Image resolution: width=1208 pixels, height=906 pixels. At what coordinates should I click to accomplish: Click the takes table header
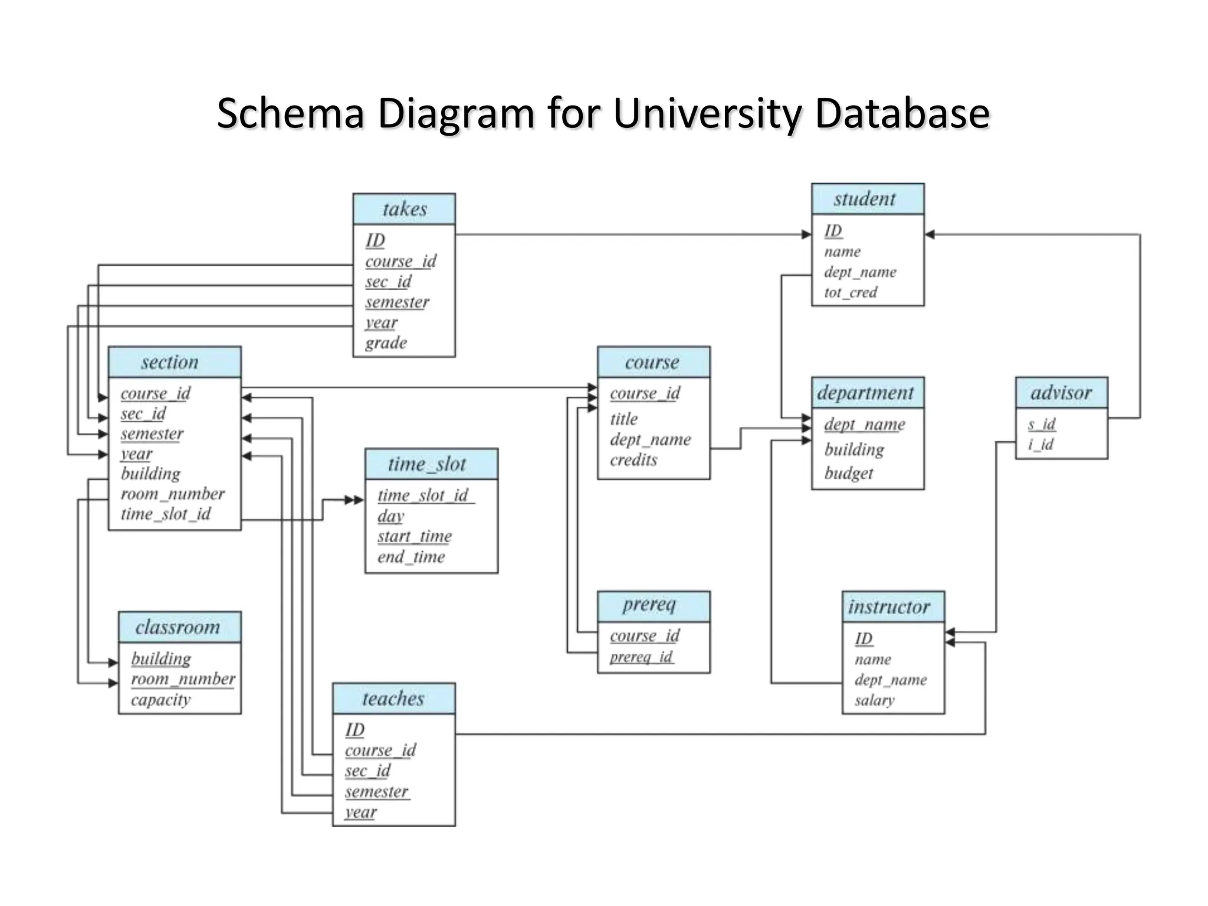click(404, 209)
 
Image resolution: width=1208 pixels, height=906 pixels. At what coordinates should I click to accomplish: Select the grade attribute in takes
click(386, 343)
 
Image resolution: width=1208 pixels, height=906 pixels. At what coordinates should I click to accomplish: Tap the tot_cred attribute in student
click(851, 292)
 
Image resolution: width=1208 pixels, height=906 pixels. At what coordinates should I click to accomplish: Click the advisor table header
click(1061, 392)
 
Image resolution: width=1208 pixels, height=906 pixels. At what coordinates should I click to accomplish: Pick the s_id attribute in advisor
click(1042, 424)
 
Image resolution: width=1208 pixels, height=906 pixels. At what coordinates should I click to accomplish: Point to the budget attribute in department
click(848, 473)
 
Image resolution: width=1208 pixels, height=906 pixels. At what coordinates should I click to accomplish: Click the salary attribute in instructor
click(874, 700)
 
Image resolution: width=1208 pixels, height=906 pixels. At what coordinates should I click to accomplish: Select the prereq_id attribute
click(641, 656)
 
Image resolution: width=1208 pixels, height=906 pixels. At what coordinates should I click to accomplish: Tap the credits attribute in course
click(633, 459)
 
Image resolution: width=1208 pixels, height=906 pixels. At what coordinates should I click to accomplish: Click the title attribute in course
click(623, 419)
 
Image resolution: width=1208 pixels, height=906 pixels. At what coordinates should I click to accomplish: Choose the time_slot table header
click(431, 464)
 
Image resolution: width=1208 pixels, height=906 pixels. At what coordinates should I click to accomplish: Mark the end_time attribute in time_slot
click(411, 557)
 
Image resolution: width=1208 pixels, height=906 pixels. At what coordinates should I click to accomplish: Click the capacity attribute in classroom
click(160, 700)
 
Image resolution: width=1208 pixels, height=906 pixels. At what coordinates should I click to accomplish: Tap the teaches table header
click(393, 698)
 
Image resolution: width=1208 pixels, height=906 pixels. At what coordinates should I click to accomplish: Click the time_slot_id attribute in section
click(166, 514)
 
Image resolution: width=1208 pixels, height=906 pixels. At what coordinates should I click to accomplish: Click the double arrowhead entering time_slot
click(354, 500)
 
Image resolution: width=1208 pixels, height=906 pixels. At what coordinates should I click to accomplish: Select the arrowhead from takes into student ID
click(806, 234)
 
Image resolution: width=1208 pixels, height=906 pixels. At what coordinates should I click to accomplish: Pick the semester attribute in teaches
click(376, 792)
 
